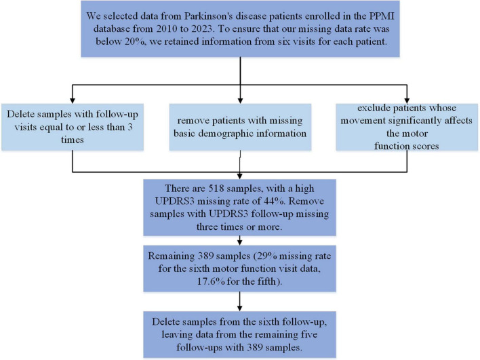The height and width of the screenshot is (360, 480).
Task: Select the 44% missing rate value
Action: [272, 201]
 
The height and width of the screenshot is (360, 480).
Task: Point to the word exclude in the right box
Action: [374, 108]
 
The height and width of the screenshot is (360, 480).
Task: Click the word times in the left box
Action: [73, 140]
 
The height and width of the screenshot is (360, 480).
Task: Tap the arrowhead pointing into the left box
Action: [73, 101]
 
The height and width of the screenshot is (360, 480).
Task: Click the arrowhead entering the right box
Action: [407, 101]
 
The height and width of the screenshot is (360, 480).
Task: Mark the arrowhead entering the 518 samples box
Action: [240, 176]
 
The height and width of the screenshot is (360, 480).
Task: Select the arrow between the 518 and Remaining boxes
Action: [240, 240]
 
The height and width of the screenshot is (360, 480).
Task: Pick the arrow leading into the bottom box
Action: [240, 302]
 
